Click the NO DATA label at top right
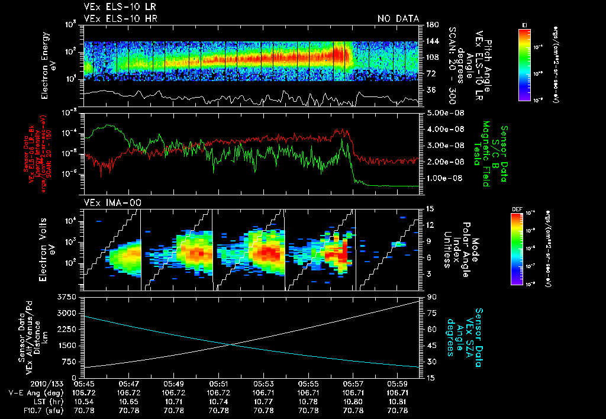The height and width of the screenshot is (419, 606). click(x=398, y=19)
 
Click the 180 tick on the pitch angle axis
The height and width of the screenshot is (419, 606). click(x=431, y=25)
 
